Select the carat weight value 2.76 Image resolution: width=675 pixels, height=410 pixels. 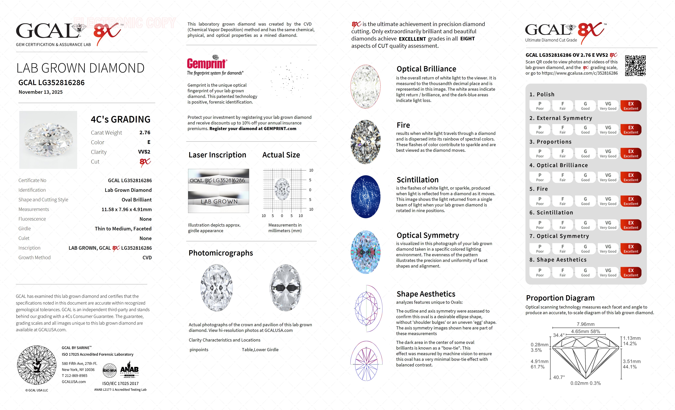(x=145, y=133)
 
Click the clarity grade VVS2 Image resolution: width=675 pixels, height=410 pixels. (x=144, y=152)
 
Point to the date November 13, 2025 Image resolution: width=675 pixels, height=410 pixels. (x=40, y=92)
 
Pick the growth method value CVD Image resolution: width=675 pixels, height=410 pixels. (x=147, y=258)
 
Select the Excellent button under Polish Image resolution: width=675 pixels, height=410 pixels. (x=631, y=106)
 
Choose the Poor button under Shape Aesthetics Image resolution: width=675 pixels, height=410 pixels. (x=540, y=272)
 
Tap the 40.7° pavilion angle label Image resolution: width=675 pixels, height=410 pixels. (x=559, y=377)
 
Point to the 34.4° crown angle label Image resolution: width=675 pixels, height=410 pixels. (x=559, y=335)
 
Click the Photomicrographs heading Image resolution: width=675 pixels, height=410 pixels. (x=221, y=253)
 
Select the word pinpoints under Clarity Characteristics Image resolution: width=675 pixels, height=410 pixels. (x=199, y=350)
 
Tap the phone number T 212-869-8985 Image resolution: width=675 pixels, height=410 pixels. (x=75, y=376)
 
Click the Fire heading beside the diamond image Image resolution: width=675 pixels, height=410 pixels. (x=403, y=125)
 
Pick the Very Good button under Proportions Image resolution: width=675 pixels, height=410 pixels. (x=608, y=154)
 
